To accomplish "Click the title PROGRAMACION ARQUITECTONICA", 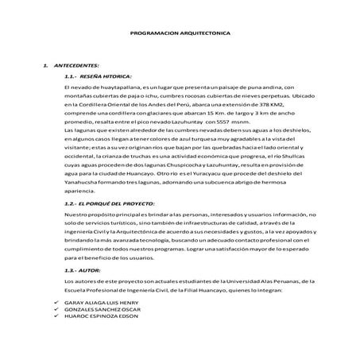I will pyautogui.click(x=180, y=33).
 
